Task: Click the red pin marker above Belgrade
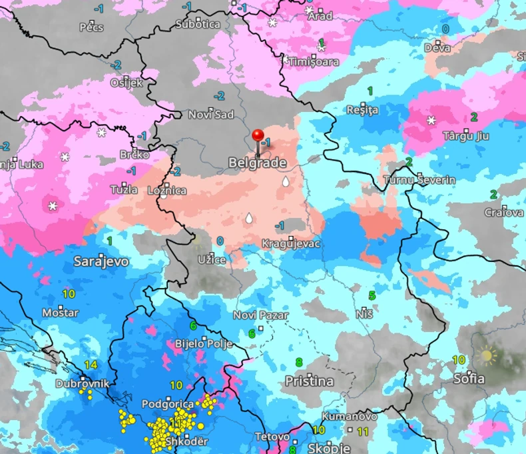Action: click(x=258, y=135)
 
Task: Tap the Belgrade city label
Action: click(x=258, y=163)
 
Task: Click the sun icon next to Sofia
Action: click(x=487, y=356)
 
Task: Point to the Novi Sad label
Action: click(x=211, y=115)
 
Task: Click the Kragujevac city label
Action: click(x=291, y=243)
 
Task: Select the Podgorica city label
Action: click(x=168, y=403)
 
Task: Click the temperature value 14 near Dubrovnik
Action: click(x=91, y=365)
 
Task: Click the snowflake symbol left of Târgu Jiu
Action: click(x=431, y=121)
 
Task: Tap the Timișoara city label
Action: click(x=314, y=61)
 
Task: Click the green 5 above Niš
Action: click(x=372, y=295)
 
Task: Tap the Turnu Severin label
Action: click(x=419, y=180)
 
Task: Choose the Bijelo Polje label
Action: click(x=204, y=344)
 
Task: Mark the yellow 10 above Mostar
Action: click(x=68, y=293)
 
